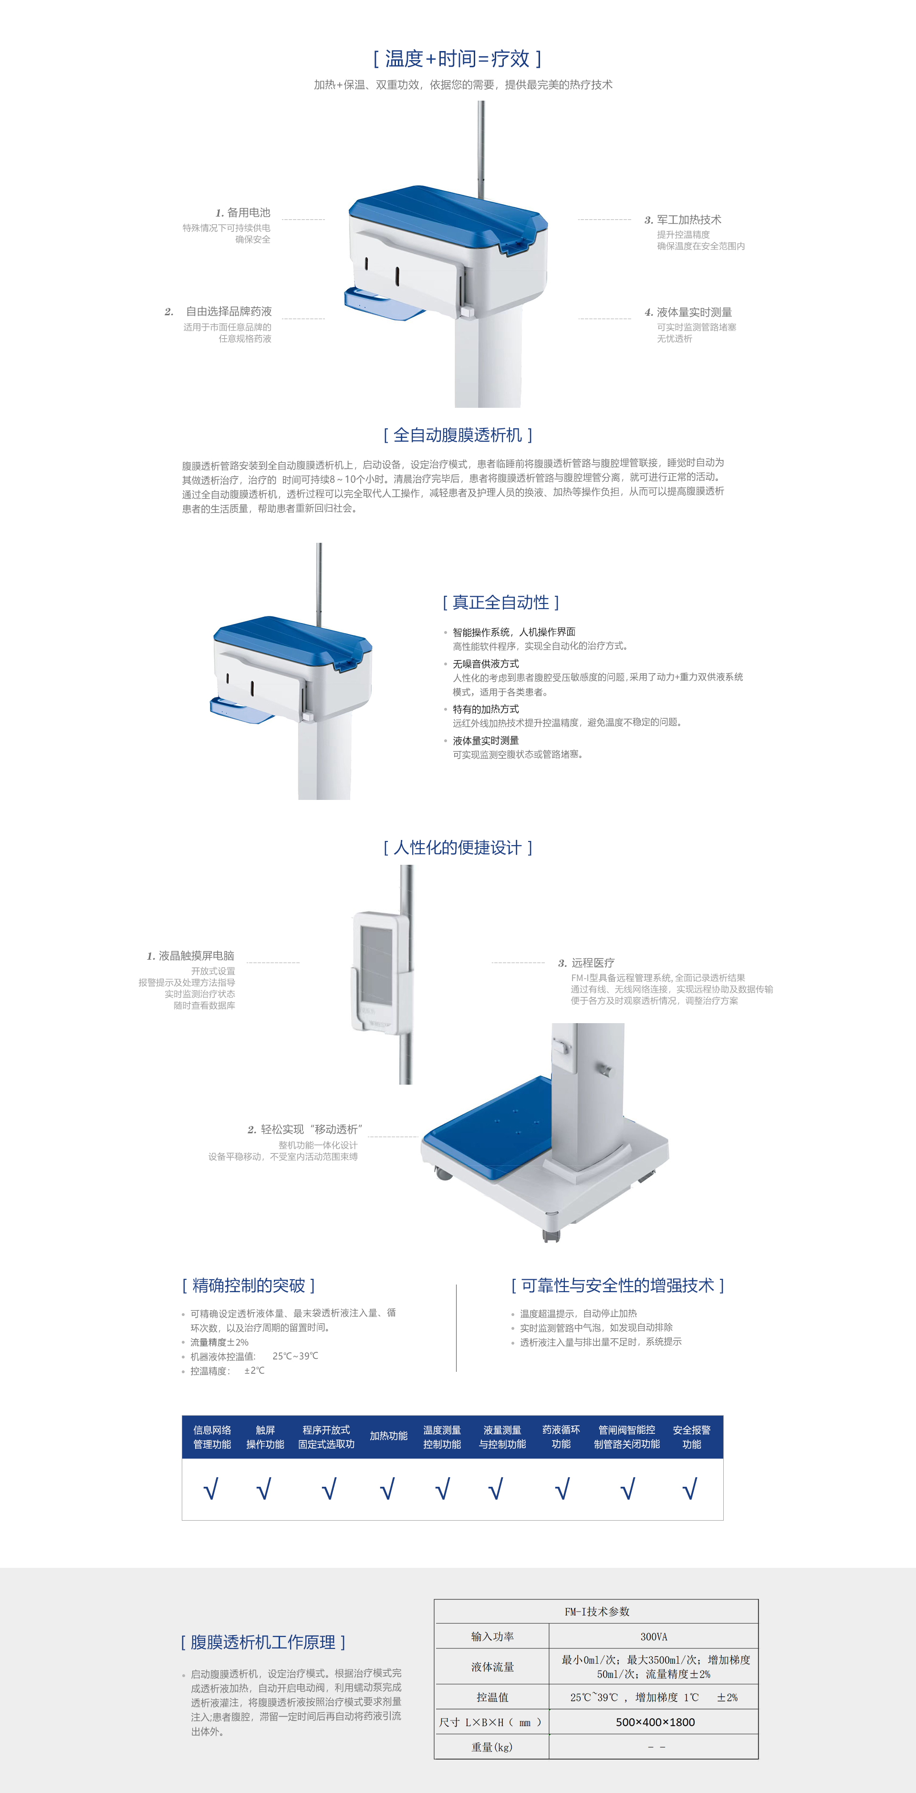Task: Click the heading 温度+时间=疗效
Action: tap(458, 59)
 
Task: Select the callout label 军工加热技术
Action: tap(688, 219)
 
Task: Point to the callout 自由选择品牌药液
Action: tap(229, 311)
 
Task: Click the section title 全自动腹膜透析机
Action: tap(458, 435)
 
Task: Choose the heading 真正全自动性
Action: tap(500, 602)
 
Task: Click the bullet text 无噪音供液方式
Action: tap(486, 663)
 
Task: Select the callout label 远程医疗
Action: tap(593, 963)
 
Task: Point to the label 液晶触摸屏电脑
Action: tap(196, 956)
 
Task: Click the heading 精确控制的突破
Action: tap(249, 1285)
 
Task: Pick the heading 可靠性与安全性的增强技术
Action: tap(617, 1285)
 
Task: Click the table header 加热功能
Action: tap(388, 1435)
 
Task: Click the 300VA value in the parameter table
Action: tap(653, 1637)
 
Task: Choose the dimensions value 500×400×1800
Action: tap(655, 1722)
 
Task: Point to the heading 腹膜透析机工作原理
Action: tap(263, 1642)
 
